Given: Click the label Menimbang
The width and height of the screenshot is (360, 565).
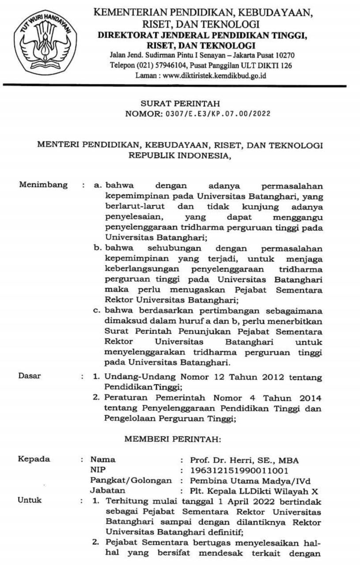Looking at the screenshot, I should pyautogui.click(x=43, y=185).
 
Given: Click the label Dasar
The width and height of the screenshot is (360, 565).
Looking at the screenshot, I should pyautogui.click(x=29, y=376).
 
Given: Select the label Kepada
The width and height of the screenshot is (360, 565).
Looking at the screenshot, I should pyautogui.click(x=34, y=459).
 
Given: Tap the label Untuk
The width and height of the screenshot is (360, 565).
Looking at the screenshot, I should pyautogui.click(x=30, y=500).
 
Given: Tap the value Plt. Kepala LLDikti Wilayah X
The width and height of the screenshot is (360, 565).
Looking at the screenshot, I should pyautogui.click(x=254, y=490).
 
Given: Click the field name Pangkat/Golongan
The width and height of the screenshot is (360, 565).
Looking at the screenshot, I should pyautogui.click(x=131, y=480).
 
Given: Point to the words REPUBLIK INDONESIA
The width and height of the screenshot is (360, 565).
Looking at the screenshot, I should pyautogui.click(x=180, y=154).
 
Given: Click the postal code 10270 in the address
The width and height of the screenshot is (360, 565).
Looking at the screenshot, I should pyautogui.click(x=285, y=55).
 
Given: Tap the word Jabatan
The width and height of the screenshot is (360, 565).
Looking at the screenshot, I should pyautogui.click(x=107, y=490).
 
